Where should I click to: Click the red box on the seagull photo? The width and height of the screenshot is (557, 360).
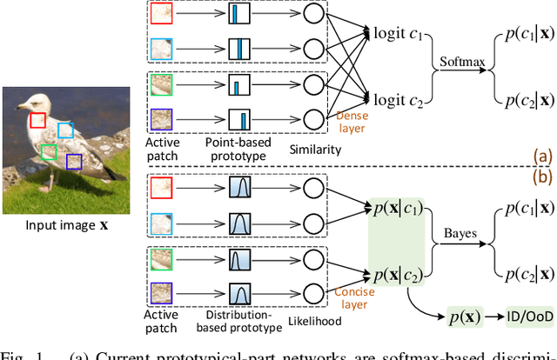click(37, 120)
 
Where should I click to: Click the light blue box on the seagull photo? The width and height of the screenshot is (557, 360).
click(65, 130)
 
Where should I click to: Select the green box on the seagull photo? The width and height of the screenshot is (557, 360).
click(49, 153)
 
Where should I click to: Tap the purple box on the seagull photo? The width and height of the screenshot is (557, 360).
click(75, 162)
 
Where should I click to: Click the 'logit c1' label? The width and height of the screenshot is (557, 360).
click(397, 35)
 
